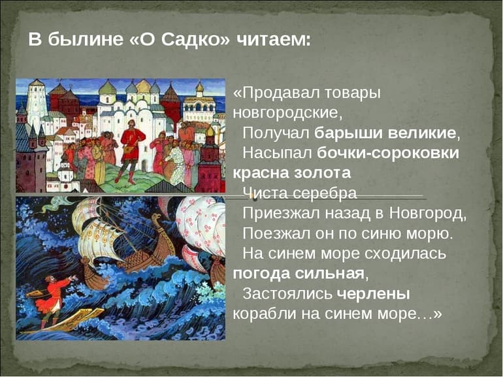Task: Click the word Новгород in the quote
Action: click(x=427, y=212)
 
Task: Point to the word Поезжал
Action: click(x=275, y=233)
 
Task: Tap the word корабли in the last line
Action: click(x=264, y=313)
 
